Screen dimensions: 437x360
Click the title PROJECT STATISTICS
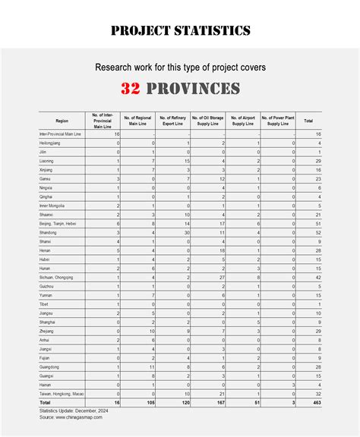[x=180, y=31]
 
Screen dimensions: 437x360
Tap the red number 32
[x=130, y=89]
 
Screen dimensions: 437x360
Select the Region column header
[x=62, y=121]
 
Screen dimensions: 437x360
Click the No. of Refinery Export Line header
[x=174, y=121]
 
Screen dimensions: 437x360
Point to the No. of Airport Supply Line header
[x=244, y=121]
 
